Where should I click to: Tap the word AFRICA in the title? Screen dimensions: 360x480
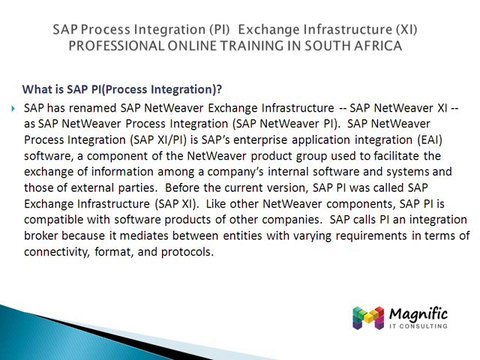coord(409,46)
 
